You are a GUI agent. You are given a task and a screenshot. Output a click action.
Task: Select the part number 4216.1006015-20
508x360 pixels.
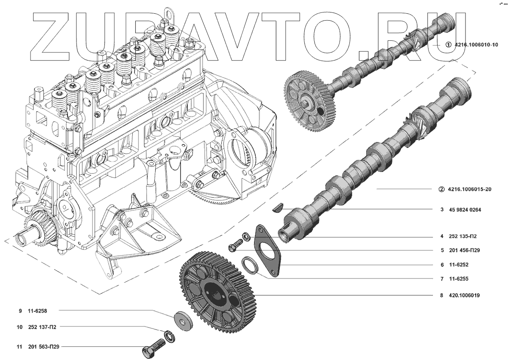(x=469, y=189)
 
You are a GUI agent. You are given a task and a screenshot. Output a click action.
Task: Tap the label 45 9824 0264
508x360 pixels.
(x=465, y=210)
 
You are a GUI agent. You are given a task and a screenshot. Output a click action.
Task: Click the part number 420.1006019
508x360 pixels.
(x=464, y=296)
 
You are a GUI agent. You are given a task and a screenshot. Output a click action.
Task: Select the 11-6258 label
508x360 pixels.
(x=37, y=311)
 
